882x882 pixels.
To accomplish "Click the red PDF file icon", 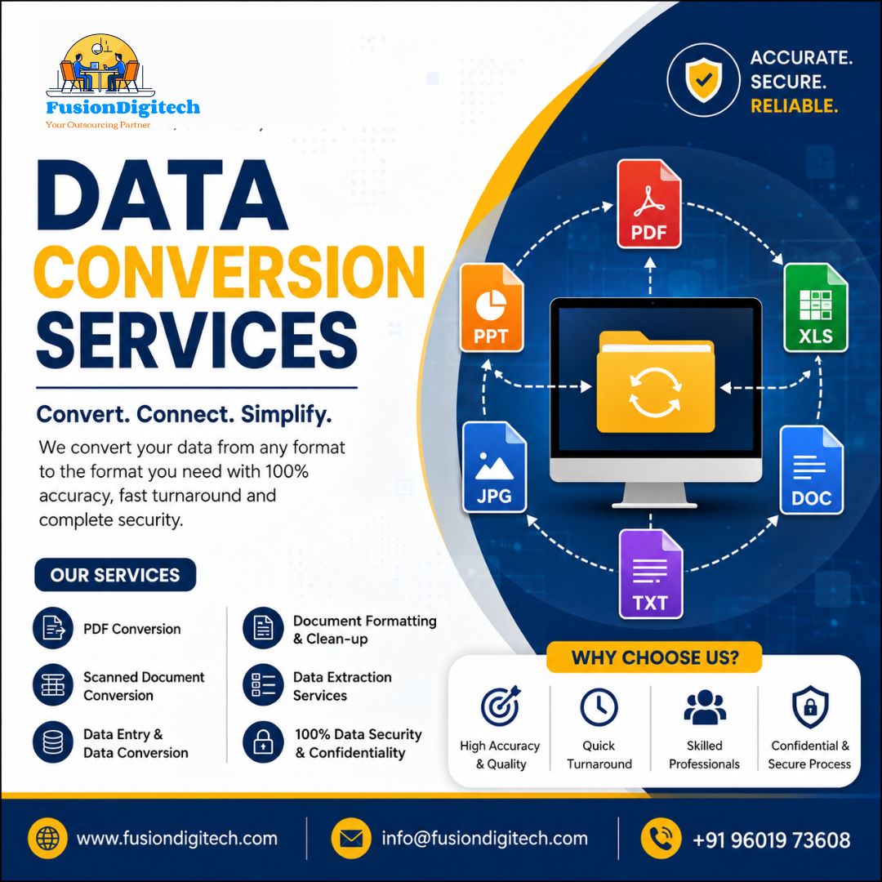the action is click(649, 203).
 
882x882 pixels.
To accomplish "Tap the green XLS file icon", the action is click(816, 308).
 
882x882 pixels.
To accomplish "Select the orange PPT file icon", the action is click(492, 308).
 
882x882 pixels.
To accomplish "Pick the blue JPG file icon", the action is click(494, 467).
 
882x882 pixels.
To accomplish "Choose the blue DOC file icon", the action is click(812, 470).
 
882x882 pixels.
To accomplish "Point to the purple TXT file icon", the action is click(651, 574).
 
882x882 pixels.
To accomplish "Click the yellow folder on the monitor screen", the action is click(655, 382).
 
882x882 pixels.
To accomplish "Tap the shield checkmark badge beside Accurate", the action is click(703, 80).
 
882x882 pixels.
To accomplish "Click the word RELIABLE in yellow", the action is click(795, 105).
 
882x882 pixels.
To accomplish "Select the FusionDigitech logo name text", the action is click(122, 107).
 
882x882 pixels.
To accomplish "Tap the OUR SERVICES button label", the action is click(115, 575).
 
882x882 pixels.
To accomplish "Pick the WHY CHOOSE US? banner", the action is click(655, 657).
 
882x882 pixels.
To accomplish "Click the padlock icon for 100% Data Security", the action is click(263, 742).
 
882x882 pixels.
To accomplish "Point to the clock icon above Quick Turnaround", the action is click(599, 707).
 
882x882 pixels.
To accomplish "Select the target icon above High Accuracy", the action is click(500, 706).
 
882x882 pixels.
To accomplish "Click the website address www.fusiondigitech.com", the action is click(177, 839).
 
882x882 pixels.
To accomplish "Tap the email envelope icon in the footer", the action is click(351, 839).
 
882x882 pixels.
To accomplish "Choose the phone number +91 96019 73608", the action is click(772, 840).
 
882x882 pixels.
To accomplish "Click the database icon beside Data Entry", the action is click(53, 742).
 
